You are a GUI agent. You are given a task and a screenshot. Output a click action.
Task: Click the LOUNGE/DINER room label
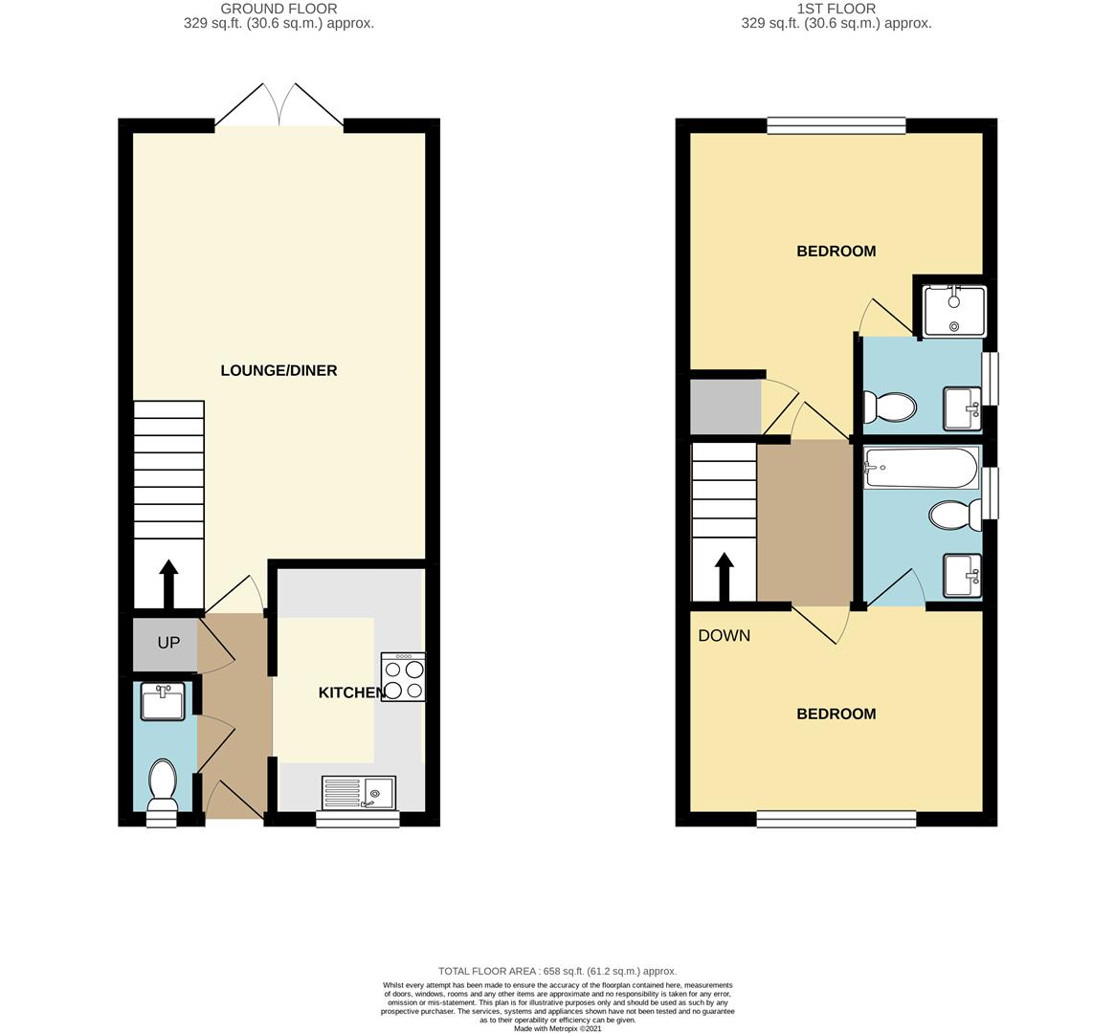279,370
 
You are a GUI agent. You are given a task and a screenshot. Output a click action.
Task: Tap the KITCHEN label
350,692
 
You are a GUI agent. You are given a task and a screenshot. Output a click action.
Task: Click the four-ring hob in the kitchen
403,677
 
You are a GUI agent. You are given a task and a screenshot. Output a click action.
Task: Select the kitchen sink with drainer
359,792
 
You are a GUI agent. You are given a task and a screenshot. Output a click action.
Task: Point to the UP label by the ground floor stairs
168,642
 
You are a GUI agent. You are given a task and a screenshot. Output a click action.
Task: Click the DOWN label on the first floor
724,635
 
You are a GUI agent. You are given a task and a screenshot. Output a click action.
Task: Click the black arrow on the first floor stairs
724,578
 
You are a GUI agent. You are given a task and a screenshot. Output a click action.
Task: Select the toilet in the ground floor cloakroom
163,785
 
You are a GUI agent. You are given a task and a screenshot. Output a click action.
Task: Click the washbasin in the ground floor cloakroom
164,701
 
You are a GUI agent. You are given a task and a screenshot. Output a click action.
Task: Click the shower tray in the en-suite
953,311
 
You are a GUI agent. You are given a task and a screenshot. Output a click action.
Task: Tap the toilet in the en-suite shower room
889,407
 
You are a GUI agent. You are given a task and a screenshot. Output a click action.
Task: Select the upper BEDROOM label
836,251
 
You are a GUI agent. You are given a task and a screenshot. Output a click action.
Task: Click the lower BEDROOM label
836,714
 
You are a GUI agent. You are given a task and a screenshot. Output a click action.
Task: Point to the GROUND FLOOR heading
279,9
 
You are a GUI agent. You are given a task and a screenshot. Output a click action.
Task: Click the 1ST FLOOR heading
836,9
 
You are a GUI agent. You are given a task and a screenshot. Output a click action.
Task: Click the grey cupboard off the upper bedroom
726,407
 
